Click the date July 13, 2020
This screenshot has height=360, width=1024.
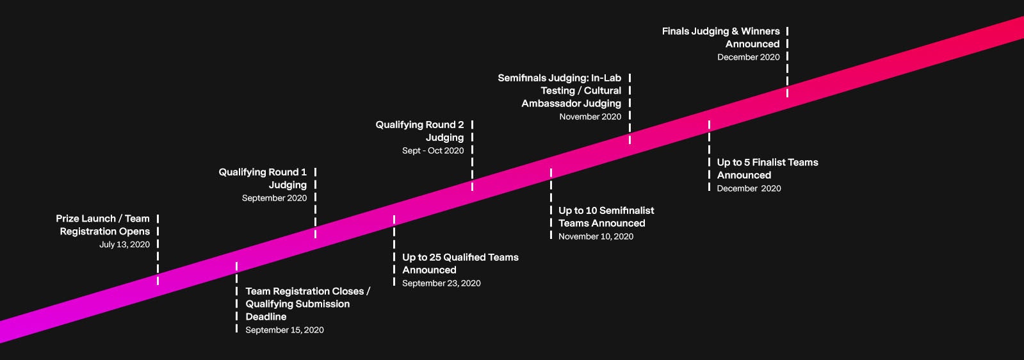(124, 245)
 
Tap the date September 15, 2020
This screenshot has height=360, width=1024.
(284, 330)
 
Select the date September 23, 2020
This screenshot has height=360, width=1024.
(441, 283)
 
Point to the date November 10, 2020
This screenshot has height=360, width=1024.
(596, 236)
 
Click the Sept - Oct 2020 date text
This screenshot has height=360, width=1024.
(433, 151)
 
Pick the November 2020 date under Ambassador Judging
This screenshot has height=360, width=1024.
(590, 117)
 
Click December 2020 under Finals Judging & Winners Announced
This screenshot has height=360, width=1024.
(748, 57)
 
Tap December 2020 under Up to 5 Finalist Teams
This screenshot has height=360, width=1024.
(749, 188)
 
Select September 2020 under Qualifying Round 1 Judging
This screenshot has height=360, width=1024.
(274, 198)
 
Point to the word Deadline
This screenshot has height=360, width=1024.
(266, 316)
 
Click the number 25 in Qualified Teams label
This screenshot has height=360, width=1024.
(435, 257)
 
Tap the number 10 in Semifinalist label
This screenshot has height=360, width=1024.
(591, 210)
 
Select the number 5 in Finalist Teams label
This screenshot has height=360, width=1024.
(747, 162)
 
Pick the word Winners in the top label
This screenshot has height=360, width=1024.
(760, 31)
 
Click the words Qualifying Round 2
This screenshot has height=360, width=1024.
(419, 124)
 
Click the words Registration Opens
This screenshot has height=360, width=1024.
(104, 231)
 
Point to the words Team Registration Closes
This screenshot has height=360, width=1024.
(304, 291)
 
